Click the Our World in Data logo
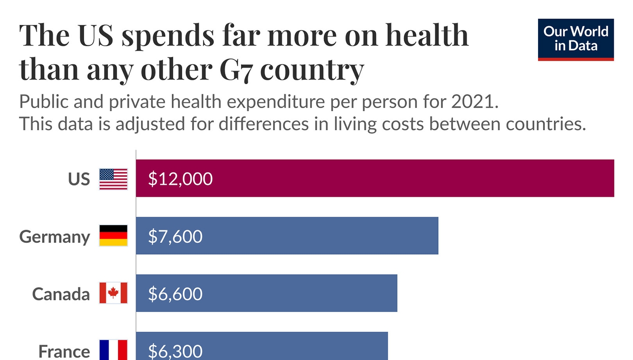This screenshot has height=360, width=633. pos(576,39)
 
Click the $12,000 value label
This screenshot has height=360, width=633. pos(180,179)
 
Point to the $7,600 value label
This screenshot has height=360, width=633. pos(175,236)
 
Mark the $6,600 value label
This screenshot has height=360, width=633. pos(175,294)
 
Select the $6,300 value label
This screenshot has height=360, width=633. pos(175,351)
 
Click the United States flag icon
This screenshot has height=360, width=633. pos(113,179)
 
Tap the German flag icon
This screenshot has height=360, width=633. pos(113,236)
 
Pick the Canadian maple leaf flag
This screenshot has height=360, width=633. pos(113,293)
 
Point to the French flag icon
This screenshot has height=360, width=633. pos(113,350)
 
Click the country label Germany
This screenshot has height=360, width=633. pos(55,237)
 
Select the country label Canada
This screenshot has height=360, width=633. pos(61,294)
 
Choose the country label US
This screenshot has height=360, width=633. pos(79,179)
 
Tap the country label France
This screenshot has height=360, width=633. pos(64,351)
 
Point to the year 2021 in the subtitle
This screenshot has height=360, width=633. pos(474,102)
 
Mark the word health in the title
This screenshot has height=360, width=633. pos(427,35)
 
